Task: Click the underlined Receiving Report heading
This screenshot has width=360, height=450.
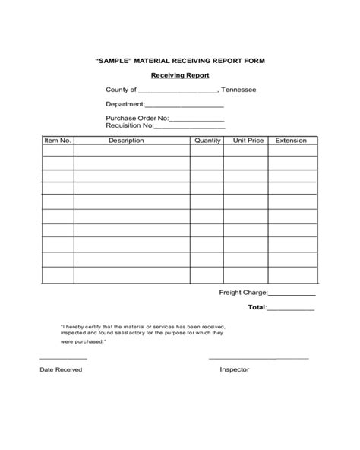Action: click(x=179, y=75)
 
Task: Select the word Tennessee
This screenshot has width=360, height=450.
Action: click(x=238, y=90)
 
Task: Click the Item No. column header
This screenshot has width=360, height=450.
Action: click(x=57, y=141)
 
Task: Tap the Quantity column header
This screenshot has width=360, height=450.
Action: click(x=207, y=141)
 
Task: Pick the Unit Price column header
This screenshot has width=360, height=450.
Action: click(x=248, y=141)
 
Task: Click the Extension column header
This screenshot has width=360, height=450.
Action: click(x=291, y=141)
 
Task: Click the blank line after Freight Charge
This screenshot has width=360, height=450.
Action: click(x=292, y=294)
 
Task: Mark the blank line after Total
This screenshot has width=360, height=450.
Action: click(x=291, y=310)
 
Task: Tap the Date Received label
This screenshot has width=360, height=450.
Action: click(x=61, y=369)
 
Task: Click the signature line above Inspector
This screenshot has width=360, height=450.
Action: click(x=258, y=357)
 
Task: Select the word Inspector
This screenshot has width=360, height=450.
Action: click(x=235, y=369)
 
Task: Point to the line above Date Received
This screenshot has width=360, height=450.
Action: click(x=63, y=357)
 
